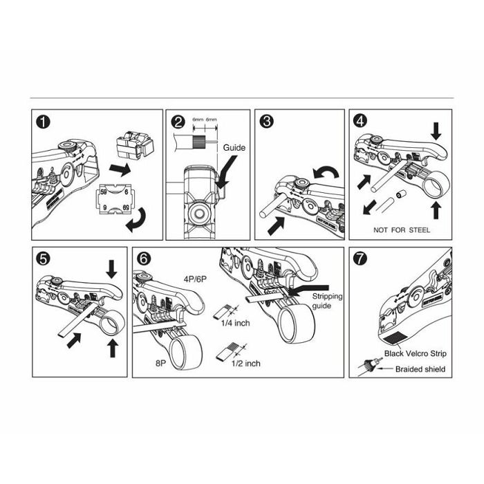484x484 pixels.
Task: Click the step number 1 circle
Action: [x=44, y=122]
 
